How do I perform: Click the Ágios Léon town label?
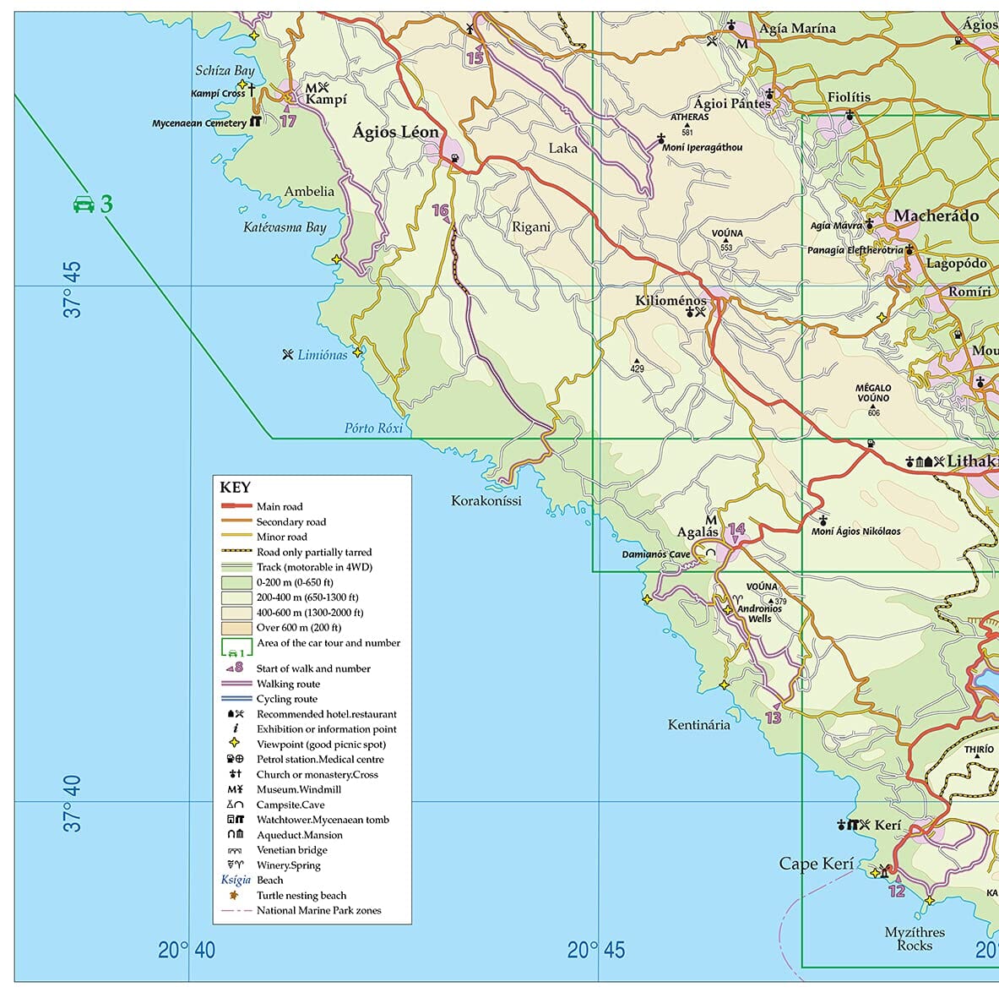pos(395,132)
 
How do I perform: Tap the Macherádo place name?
pos(936,215)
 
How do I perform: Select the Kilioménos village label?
pos(671,301)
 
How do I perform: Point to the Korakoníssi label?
pos(486,501)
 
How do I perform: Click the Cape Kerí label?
pos(816,864)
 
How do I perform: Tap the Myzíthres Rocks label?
pos(915,939)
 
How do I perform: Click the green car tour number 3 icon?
pos(93,204)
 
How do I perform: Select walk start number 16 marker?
pos(441,210)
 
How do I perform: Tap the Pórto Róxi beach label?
pos(373,428)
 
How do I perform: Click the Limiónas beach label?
pos(322,355)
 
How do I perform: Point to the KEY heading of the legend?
pos(235,488)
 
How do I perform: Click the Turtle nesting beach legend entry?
pos(301,896)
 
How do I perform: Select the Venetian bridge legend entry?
pos(291,850)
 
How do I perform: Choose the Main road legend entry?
pos(279,507)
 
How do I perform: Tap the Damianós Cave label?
pos(655,554)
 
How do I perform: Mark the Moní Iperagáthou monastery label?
pos(702,147)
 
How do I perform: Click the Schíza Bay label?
pos(225,71)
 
